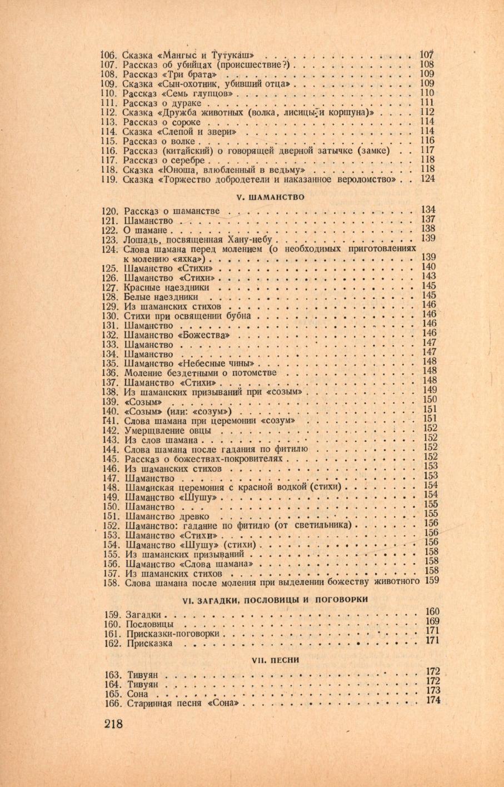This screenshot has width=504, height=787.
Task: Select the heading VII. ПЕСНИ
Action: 275,660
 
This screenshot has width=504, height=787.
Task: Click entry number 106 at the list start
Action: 110,55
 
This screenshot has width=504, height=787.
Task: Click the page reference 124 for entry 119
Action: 427,179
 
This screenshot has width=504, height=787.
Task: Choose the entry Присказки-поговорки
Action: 174,634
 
